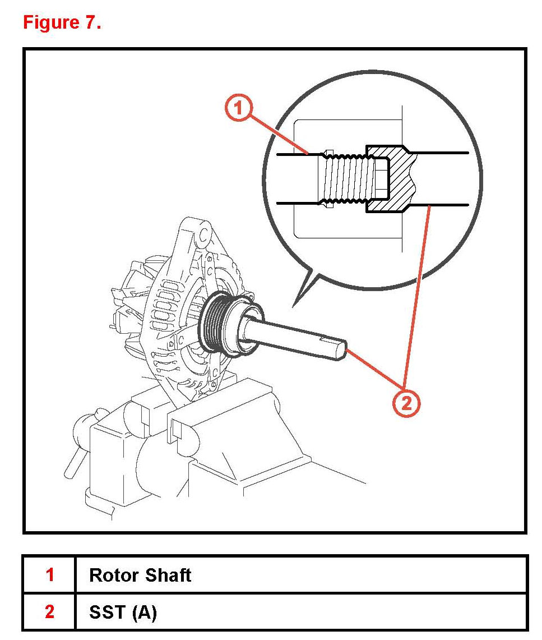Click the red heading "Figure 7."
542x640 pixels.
coord(62,22)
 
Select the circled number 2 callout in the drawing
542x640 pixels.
coord(406,403)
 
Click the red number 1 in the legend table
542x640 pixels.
coord(49,575)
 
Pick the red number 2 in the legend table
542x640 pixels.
coord(49,612)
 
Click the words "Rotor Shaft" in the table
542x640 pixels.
coord(140,575)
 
